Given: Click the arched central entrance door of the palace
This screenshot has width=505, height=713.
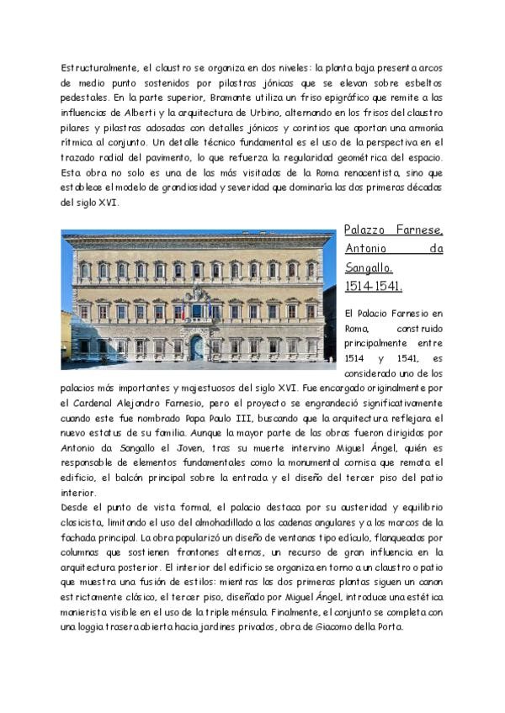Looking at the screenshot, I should (196, 346).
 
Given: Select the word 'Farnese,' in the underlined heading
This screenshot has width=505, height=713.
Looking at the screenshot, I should (420, 230).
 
